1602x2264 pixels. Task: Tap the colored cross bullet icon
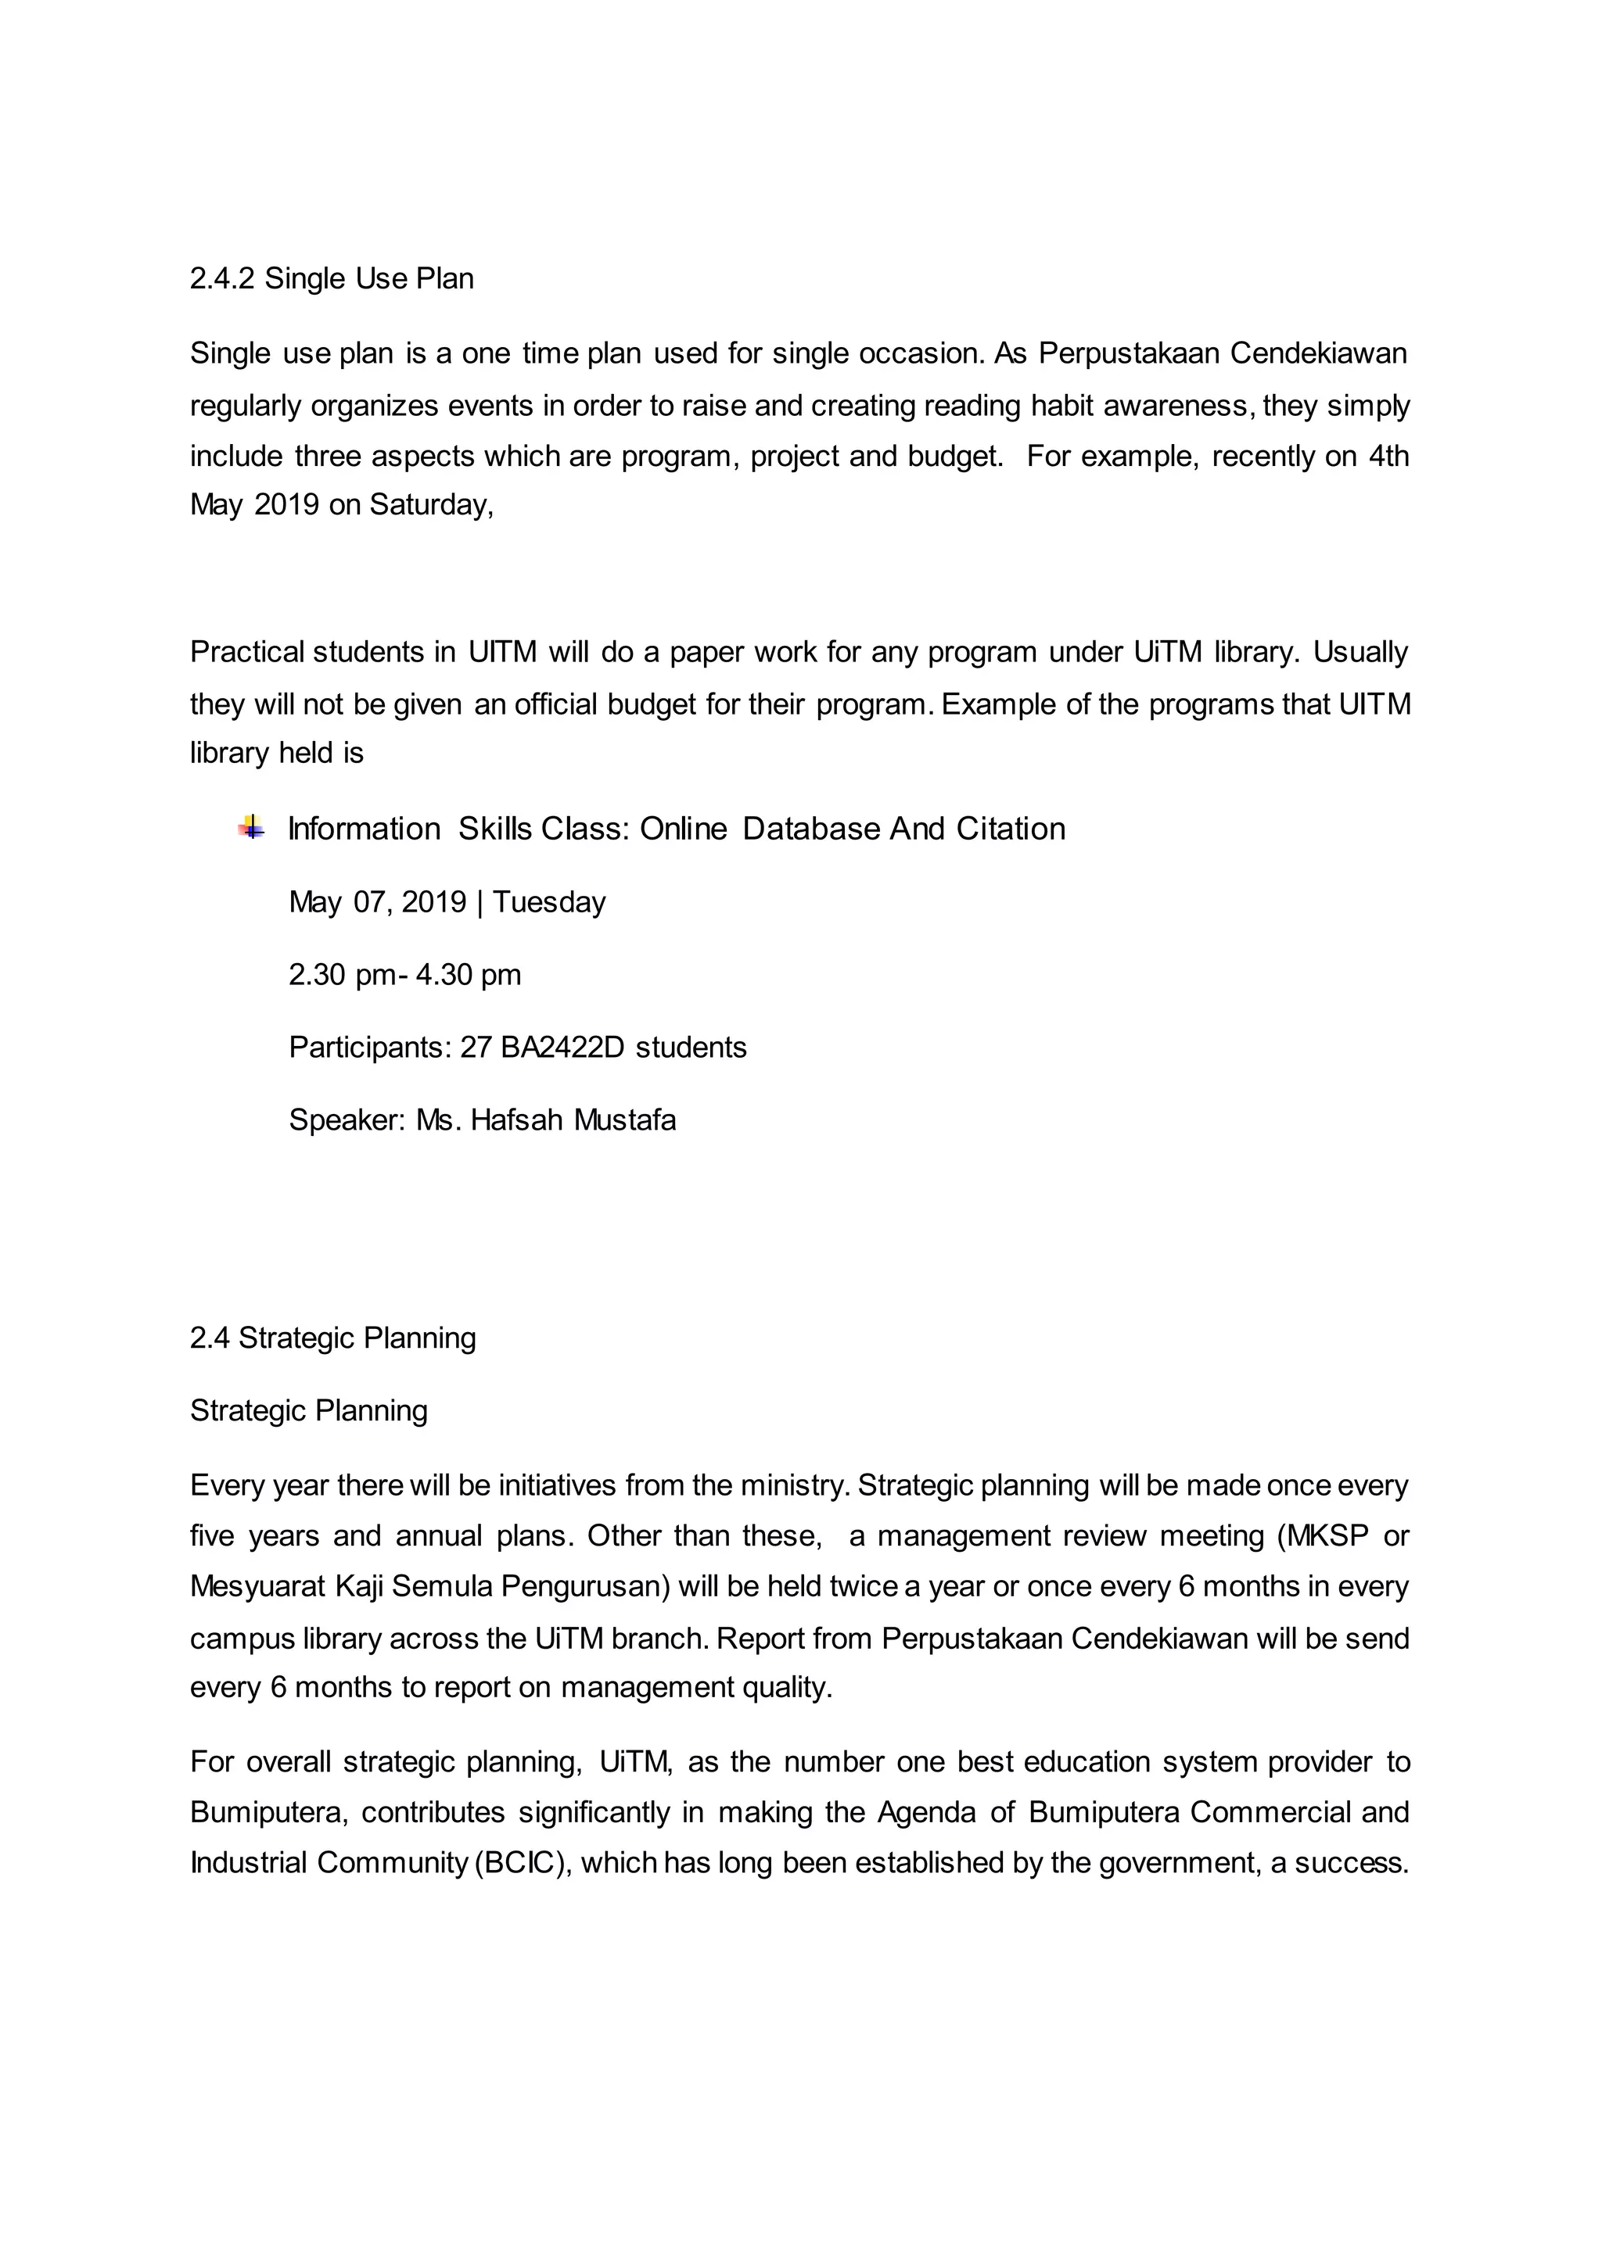(x=252, y=827)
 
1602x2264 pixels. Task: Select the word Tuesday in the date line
(x=548, y=902)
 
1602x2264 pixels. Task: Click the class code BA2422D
(x=562, y=1048)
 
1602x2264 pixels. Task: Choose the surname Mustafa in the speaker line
(x=624, y=1120)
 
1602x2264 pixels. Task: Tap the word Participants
(x=370, y=1048)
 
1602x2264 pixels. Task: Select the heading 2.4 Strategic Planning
(x=332, y=1338)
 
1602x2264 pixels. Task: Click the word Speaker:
(x=347, y=1120)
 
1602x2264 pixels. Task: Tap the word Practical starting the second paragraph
(x=248, y=652)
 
